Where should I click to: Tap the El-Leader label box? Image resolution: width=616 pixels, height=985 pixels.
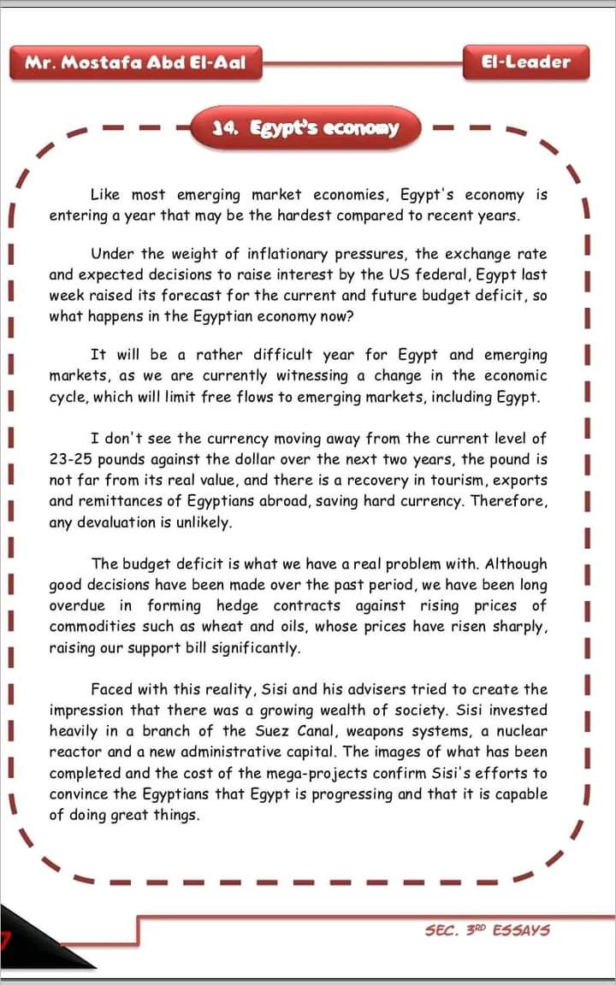pyautogui.click(x=526, y=62)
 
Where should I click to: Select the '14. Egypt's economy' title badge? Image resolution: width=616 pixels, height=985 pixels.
pyautogui.click(x=305, y=128)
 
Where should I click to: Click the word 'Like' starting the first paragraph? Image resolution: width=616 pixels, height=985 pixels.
pyautogui.click(x=105, y=195)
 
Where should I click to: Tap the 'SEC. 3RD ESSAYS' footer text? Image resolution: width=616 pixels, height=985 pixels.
pyautogui.click(x=487, y=929)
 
